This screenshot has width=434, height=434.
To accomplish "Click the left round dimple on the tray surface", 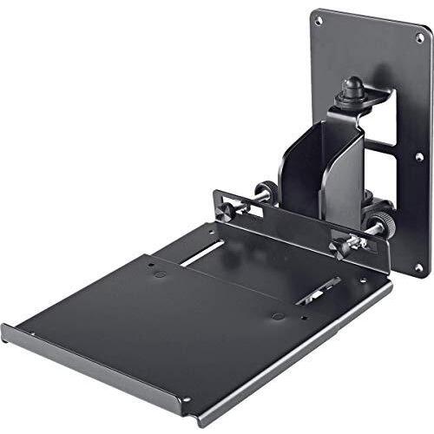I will tap(161, 273).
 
